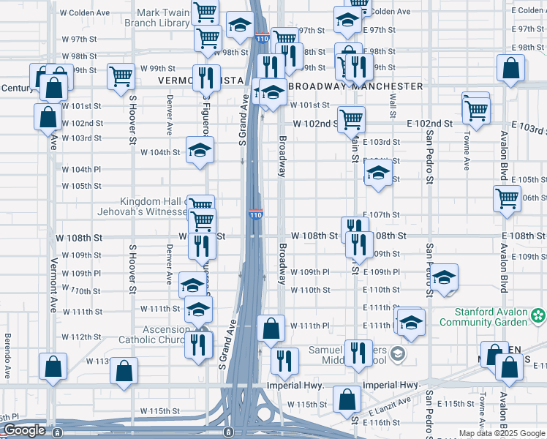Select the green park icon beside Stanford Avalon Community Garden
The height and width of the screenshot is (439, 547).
[538, 316]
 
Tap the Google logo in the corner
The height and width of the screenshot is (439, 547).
[25, 430]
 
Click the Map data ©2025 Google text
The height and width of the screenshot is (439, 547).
[502, 433]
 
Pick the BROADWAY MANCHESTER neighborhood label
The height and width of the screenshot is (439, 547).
[356, 86]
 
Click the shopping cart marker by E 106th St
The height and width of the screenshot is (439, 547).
[507, 198]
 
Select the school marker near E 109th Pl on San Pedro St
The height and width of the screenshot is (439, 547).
[443, 277]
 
